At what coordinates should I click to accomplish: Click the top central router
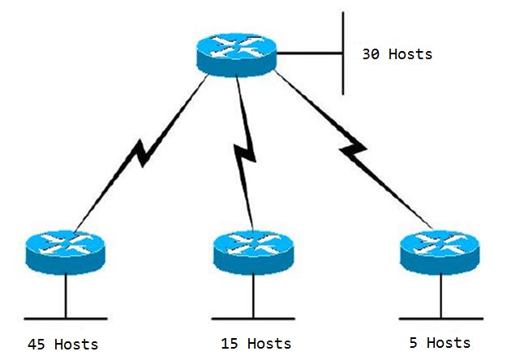coord(237,55)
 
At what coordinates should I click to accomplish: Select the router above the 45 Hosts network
coord(66,252)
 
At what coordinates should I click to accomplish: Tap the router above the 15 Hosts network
coord(253,252)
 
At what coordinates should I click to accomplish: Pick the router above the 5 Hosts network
coord(440,252)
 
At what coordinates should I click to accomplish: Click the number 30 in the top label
coord(371,54)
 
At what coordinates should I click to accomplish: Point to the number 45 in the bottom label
coord(37,345)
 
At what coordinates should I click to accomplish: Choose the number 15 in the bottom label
coord(230,344)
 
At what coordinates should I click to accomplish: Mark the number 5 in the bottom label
coord(414,343)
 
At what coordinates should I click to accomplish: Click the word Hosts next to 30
coord(410,54)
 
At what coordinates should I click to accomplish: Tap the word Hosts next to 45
coord(76,344)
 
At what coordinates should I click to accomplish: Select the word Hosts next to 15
coord(269,343)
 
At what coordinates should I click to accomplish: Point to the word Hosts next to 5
coord(449,342)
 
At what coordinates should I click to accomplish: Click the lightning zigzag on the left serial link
coord(142,152)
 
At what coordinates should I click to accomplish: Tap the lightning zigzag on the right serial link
coord(353,150)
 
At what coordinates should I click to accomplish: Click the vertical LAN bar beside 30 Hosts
coord(343,54)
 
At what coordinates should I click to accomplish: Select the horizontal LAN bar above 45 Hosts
coord(66,319)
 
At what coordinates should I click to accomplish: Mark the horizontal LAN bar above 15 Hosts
coord(253,319)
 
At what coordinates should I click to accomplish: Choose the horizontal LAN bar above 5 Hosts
coord(441,319)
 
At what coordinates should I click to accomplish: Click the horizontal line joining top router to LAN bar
coord(309,53)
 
